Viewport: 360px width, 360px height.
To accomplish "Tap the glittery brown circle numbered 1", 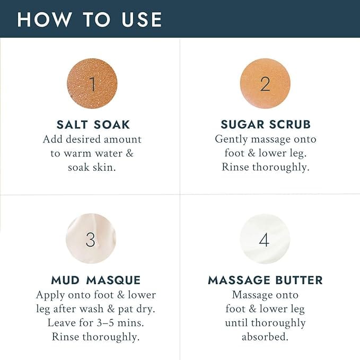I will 92,84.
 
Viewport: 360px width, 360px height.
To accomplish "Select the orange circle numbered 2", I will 265,84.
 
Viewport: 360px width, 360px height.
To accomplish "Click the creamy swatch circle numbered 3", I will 91,239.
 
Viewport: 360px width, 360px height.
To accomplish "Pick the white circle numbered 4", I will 265,239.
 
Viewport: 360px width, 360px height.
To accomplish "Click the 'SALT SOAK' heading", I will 93,125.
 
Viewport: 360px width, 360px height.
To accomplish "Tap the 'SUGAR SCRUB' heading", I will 266,125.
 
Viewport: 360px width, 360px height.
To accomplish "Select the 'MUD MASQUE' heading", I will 95,280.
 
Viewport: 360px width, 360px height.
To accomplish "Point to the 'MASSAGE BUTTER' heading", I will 265,280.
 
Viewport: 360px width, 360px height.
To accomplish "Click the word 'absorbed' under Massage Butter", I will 265,337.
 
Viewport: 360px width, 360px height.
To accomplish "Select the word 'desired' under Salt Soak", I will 81,139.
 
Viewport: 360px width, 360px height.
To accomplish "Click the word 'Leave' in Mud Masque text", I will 62,322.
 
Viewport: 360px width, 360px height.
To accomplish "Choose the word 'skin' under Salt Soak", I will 106,166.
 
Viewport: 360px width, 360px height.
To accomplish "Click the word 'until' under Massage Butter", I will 237,322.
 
